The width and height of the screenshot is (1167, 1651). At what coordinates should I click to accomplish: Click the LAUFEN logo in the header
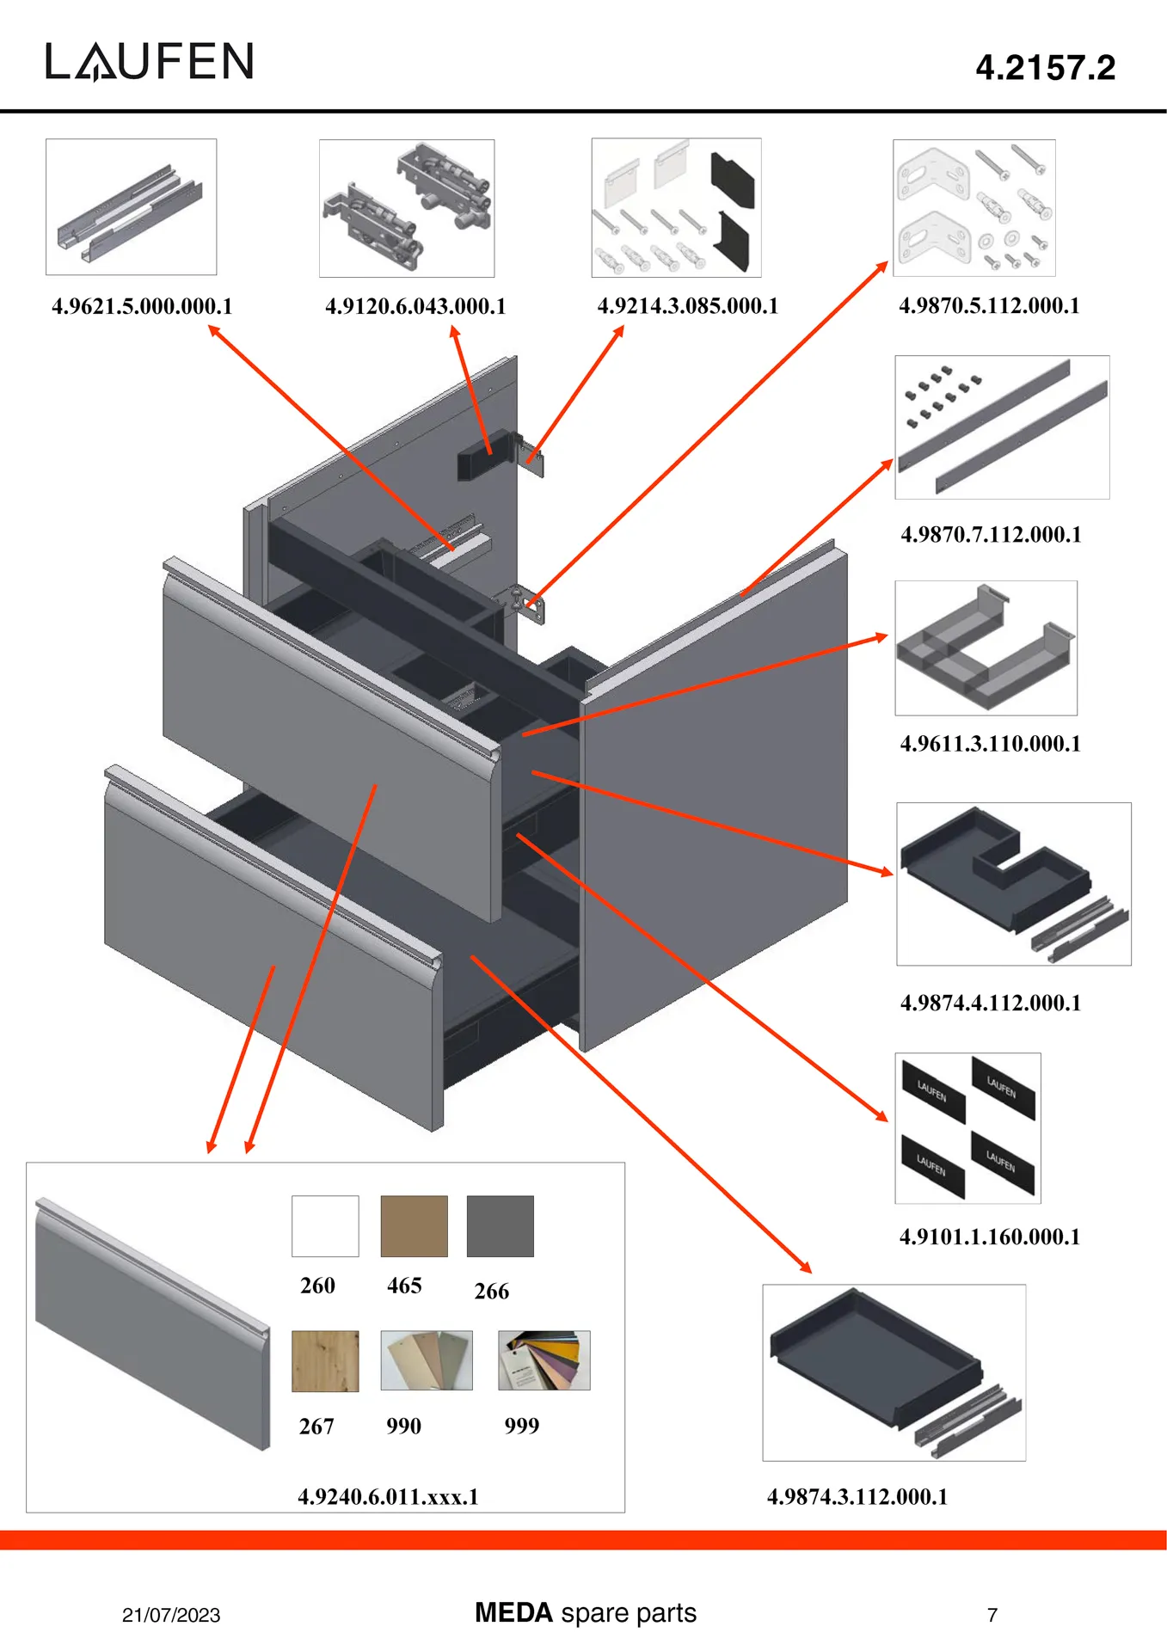pos(150,62)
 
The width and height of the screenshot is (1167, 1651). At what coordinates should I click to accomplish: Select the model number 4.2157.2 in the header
pos(1045,68)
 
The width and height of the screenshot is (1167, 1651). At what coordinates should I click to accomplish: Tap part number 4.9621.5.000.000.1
pos(142,306)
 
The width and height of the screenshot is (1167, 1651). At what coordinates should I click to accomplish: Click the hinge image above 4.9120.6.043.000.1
pos(407,208)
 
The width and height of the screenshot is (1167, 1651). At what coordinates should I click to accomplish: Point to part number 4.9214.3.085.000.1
pos(687,306)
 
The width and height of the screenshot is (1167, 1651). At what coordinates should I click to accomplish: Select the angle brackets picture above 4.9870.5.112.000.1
pos(974,208)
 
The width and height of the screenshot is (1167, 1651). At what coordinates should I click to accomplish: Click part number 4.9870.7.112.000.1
pos(991,535)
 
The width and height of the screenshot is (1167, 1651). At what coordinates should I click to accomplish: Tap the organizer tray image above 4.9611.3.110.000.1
pos(986,648)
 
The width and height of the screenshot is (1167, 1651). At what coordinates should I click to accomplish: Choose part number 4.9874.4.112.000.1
pos(991,1003)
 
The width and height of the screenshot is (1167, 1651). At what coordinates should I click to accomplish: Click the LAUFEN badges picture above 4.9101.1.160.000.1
pos(967,1127)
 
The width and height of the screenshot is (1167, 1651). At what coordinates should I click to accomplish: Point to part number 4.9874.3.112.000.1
pos(857,1497)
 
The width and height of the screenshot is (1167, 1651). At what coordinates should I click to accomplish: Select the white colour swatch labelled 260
pos(325,1226)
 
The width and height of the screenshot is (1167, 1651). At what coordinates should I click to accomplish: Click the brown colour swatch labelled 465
pos(414,1226)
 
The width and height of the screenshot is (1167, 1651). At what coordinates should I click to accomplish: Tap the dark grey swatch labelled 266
pos(500,1226)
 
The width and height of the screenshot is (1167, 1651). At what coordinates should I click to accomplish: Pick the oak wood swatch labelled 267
pos(325,1361)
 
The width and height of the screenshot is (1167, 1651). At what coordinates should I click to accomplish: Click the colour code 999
pos(521,1427)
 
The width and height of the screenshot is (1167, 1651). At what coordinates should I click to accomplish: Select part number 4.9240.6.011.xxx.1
pos(388,1497)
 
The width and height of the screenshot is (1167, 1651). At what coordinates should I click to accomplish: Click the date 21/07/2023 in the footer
pos(171,1615)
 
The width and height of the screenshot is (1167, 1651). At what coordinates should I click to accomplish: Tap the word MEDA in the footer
pos(513,1612)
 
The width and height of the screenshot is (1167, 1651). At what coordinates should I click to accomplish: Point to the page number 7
pos(992,1615)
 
